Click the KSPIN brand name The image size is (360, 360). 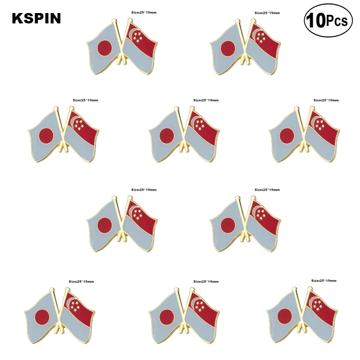[36, 18]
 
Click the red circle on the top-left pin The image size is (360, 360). [105, 46]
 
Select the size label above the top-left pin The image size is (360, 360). [144, 13]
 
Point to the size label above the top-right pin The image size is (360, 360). [267, 13]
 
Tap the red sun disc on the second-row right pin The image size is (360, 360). [287, 135]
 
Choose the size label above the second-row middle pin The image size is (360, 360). [206, 100]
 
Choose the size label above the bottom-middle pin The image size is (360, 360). [206, 281]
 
